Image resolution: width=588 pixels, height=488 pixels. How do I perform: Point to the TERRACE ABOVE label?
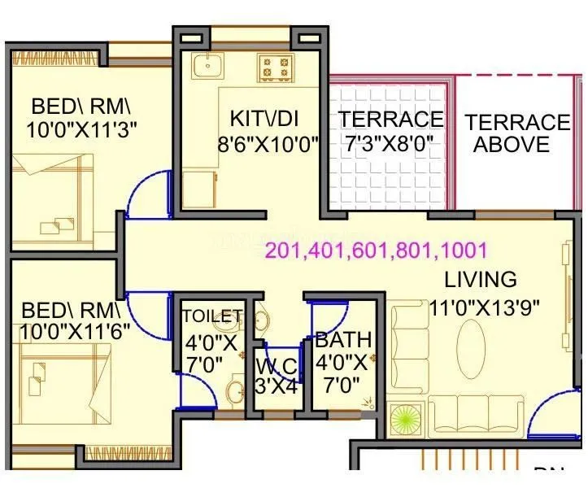coord(517,133)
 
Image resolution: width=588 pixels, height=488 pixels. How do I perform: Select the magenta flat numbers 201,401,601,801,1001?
coord(376,250)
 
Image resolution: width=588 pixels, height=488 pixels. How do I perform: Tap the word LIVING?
coord(480,279)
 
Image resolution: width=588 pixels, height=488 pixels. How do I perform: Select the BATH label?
coord(344,338)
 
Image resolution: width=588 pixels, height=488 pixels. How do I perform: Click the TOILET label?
coord(211,316)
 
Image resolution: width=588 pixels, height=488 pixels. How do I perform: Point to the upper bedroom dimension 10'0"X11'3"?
coord(72,129)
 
